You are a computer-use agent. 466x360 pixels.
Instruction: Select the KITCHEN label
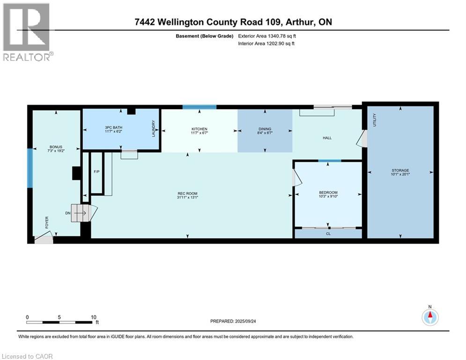pyautogui.click(x=199, y=129)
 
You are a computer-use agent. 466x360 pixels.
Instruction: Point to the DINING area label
pyautogui.click(x=265, y=129)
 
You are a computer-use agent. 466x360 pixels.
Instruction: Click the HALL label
pyautogui.click(x=327, y=138)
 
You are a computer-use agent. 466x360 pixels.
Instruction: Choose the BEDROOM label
pyautogui.click(x=328, y=193)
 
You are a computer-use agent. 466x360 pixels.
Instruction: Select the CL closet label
pyautogui.click(x=327, y=233)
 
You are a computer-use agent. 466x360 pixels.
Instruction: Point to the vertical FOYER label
pyautogui.click(x=47, y=222)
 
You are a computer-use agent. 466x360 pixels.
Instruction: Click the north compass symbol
pyautogui.click(x=429, y=317)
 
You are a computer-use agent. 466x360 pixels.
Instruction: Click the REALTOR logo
pyautogui.click(x=27, y=32)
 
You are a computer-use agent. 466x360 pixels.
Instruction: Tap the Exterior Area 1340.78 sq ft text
pyautogui.click(x=266, y=36)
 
